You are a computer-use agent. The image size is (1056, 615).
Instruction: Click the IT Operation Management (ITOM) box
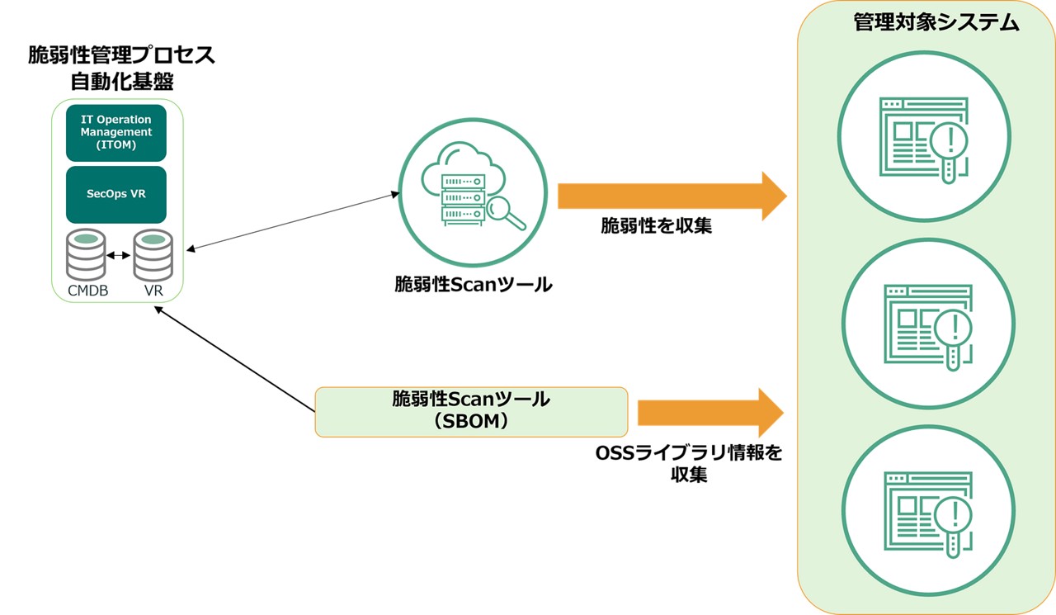[x=116, y=132]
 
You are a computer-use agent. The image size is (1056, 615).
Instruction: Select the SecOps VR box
[x=116, y=195]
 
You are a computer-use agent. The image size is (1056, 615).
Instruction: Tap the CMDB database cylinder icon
[x=86, y=255]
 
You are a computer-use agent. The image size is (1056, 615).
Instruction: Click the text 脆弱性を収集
[x=656, y=226]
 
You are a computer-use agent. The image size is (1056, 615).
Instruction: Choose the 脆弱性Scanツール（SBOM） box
[x=471, y=411]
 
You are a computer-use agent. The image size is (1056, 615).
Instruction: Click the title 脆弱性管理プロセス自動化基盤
[x=121, y=69]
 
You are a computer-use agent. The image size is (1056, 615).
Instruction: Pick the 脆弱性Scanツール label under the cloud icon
[x=473, y=285]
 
